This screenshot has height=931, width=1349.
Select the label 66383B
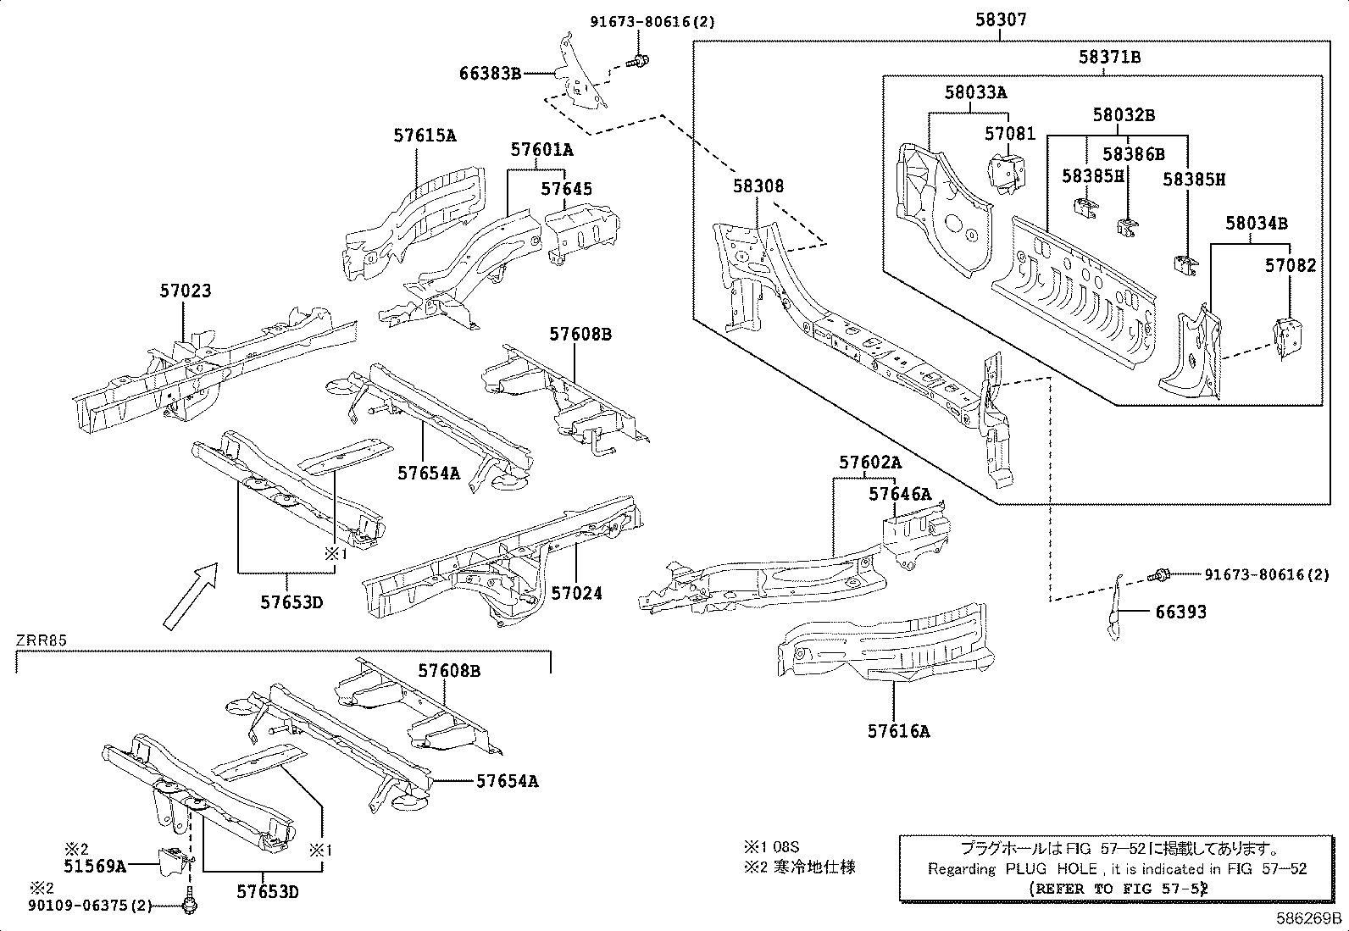[490, 74]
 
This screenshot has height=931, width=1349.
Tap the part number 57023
[185, 291]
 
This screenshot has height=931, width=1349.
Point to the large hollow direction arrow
[190, 597]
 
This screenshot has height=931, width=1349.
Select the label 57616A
[898, 730]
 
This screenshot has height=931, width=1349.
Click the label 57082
[1291, 265]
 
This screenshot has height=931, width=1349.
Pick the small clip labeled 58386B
[1126, 225]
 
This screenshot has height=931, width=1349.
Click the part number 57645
[567, 189]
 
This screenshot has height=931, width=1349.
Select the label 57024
[576, 593]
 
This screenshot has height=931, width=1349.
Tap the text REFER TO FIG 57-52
[1117, 889]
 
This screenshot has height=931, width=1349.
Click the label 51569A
[94, 865]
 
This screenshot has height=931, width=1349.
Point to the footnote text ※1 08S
[771, 845]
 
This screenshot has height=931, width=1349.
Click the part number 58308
[758, 186]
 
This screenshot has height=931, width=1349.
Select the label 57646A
[899, 494]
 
